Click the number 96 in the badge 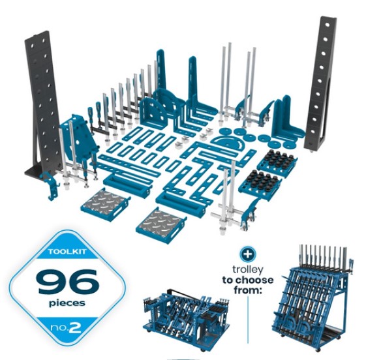tap(67, 282)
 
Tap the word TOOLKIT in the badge tap(67, 252)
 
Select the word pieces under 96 tap(67, 303)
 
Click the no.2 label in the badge tap(66, 328)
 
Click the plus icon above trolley tap(248, 254)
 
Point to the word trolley tap(247, 270)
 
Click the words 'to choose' tap(248, 280)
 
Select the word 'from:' tap(247, 290)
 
